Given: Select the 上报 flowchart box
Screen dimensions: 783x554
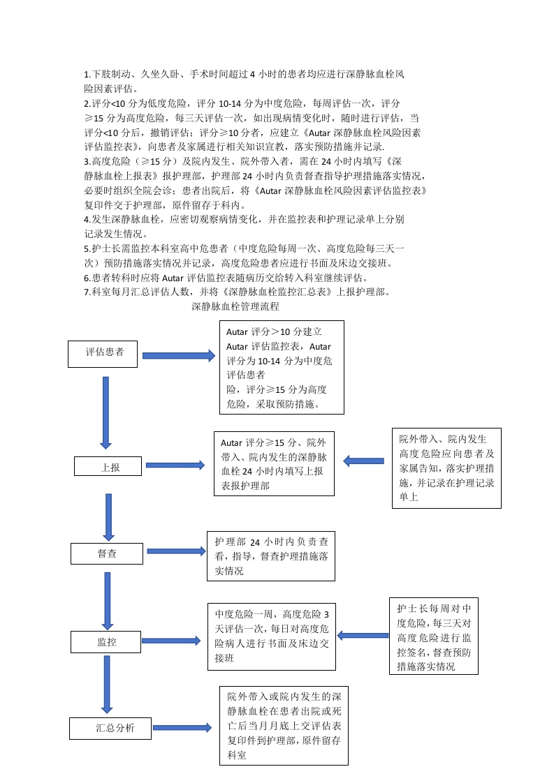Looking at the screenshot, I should click(x=108, y=467).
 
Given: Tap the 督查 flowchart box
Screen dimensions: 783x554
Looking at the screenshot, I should click(x=106, y=553).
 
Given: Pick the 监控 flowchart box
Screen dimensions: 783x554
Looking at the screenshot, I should click(x=106, y=641).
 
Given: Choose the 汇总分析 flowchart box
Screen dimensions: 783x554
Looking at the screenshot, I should click(x=110, y=729).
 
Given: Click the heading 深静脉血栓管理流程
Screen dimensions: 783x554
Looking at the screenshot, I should click(x=235, y=306).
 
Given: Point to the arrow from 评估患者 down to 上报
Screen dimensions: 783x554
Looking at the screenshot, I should click(x=106, y=412).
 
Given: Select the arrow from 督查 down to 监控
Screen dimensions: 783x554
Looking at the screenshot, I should click(x=108, y=601).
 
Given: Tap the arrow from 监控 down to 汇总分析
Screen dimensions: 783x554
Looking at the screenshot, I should click(x=108, y=685).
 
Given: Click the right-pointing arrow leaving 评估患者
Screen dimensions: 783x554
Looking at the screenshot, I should click(x=178, y=355).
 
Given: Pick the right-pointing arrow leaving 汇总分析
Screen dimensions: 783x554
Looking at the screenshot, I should click(x=182, y=728).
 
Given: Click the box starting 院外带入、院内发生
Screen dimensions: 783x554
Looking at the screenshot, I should click(x=446, y=468).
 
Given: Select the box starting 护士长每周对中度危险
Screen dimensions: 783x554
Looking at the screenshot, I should click(x=433, y=636).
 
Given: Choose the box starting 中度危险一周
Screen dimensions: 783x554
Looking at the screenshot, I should click(x=271, y=636).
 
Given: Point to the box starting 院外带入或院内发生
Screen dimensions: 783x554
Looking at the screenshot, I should click(x=284, y=726).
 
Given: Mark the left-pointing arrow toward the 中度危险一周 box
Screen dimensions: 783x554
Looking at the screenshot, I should click(x=363, y=636).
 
